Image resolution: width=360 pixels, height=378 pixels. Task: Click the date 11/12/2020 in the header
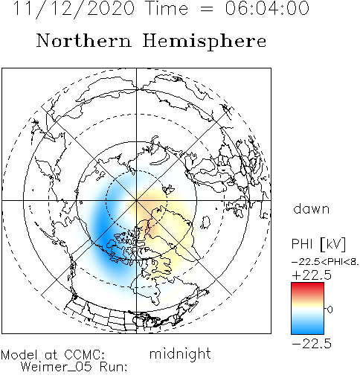(74, 8)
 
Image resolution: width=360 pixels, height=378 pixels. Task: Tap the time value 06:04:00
(267, 8)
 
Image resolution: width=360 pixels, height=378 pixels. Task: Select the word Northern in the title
(83, 41)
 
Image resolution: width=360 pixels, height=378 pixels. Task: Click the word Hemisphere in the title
(205, 42)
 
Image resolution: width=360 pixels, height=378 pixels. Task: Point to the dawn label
(312, 209)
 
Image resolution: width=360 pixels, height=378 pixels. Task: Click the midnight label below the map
(180, 353)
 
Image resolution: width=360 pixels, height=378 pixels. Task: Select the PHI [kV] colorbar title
(318, 244)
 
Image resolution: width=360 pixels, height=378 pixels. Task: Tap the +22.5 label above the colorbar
(312, 275)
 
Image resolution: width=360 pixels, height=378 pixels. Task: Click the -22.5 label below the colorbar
(312, 344)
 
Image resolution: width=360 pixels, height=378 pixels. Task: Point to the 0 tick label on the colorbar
(330, 310)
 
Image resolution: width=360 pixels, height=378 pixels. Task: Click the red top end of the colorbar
(307, 285)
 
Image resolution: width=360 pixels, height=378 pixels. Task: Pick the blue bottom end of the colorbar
(307, 331)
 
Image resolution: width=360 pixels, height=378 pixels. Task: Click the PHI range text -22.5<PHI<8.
(325, 262)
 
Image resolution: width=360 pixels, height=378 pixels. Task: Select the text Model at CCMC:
(53, 355)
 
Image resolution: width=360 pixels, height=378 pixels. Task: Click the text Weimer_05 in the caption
(57, 367)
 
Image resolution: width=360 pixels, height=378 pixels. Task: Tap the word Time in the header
(167, 8)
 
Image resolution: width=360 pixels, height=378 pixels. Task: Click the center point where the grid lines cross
(136, 200)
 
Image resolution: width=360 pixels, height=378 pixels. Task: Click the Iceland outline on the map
(205, 222)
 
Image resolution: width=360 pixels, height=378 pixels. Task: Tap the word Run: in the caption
(114, 367)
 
